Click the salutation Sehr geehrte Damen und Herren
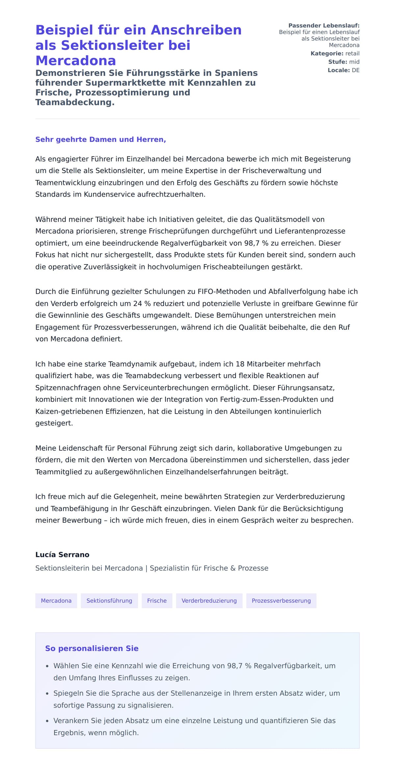[x=100, y=139]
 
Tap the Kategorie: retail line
[x=335, y=53]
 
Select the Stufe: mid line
[x=344, y=62]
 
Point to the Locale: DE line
[x=343, y=70]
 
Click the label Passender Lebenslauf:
[x=324, y=26]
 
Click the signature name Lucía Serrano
[x=62, y=555]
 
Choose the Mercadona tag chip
[x=56, y=601]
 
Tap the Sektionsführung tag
[x=109, y=601]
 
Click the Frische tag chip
[x=157, y=601]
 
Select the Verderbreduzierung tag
[x=209, y=601]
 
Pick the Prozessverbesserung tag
[x=281, y=601]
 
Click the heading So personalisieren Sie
[x=92, y=648]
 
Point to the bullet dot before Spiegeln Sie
[x=47, y=694]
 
